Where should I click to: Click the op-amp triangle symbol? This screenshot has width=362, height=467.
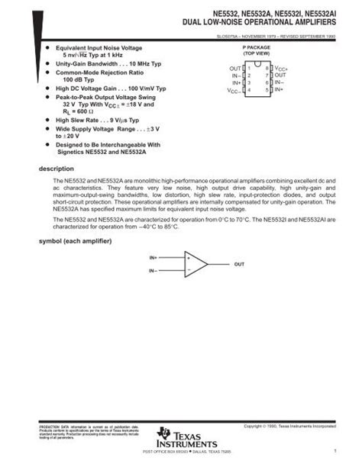(196, 264)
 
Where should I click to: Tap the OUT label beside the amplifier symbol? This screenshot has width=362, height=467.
(239, 264)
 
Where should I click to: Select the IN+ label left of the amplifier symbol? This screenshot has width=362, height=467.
(154, 259)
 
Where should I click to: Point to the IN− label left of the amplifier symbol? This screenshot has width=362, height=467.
(154, 270)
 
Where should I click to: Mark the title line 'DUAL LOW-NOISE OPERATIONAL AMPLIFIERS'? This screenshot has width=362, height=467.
(258, 24)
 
